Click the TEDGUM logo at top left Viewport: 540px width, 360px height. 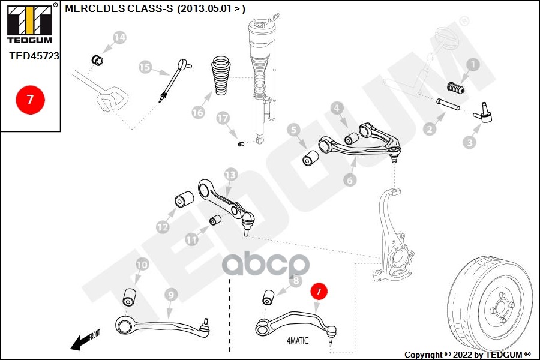(x=29, y=23)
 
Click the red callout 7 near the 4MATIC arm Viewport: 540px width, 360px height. (x=319, y=292)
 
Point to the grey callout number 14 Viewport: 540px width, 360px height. (x=119, y=37)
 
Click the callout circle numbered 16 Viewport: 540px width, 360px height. (x=198, y=112)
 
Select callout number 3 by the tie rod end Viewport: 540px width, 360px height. (x=470, y=142)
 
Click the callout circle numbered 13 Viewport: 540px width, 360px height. (x=231, y=174)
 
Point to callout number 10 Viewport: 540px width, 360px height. (x=142, y=264)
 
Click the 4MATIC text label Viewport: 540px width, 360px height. (x=297, y=341)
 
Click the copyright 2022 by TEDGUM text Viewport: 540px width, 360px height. (x=467, y=354)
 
